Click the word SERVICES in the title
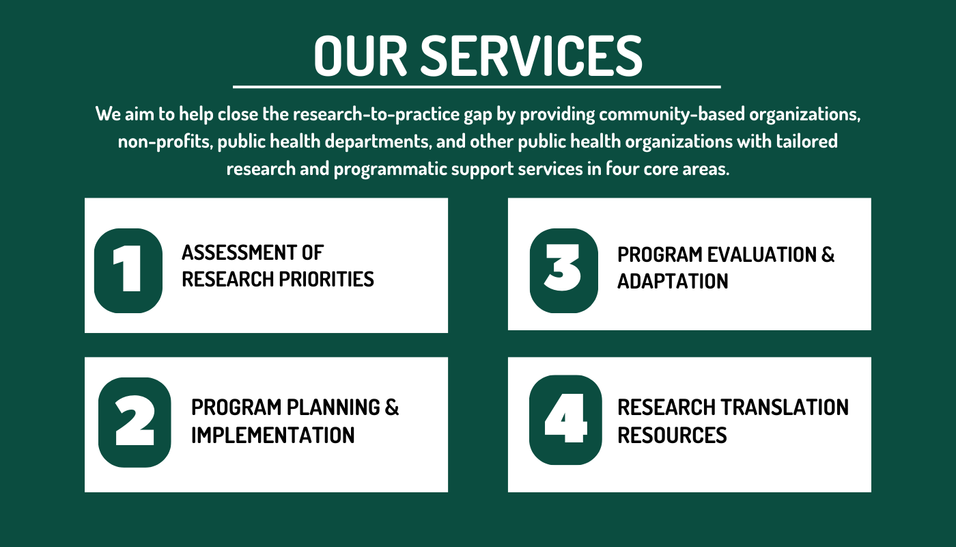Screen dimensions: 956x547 [x=531, y=56]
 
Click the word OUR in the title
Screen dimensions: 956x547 [x=361, y=56]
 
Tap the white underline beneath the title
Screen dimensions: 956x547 [x=477, y=87]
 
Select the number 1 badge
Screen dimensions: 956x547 [x=128, y=271]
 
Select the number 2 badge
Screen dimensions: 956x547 [x=135, y=423]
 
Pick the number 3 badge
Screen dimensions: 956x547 [x=564, y=271]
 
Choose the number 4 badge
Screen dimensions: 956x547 [x=565, y=420]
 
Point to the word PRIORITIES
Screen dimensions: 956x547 [x=326, y=279]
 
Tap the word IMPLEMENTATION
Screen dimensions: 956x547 [x=272, y=435]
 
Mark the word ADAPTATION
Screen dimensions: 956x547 [x=673, y=281]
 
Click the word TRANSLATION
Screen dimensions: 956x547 [x=785, y=408]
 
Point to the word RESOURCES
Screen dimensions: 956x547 [x=672, y=435]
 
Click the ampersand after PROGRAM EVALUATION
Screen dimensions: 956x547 [x=828, y=254]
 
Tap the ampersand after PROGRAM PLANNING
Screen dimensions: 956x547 [x=392, y=408]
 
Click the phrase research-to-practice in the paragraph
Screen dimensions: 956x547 [x=376, y=114]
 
